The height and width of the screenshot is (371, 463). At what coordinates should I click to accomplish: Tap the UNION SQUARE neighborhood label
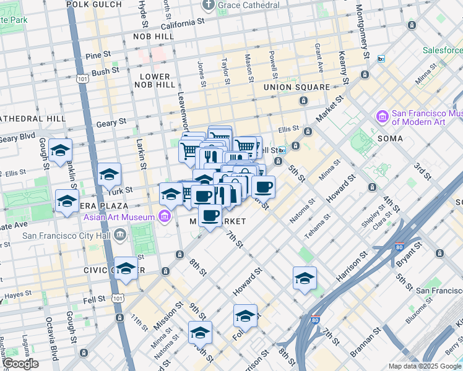296,87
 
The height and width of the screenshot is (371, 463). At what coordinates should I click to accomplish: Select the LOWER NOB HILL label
154,80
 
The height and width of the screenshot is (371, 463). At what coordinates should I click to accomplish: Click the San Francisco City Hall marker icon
119,234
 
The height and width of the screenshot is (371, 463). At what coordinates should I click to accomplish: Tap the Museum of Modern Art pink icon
382,116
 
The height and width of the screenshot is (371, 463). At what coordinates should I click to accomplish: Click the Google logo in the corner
20,364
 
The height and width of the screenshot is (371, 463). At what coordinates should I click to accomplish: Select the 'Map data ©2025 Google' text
425,366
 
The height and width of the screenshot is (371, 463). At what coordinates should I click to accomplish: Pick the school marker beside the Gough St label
61,150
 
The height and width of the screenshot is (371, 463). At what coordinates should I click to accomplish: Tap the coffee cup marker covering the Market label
210,216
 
